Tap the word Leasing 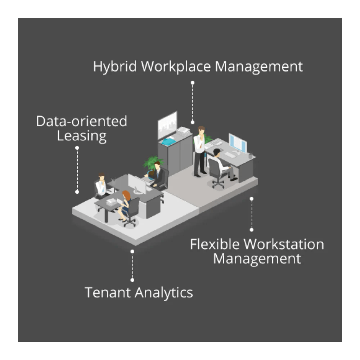82,136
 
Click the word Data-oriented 82,121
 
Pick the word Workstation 283,244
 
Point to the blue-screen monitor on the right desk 238,143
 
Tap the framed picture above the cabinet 167,125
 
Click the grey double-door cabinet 175,155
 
